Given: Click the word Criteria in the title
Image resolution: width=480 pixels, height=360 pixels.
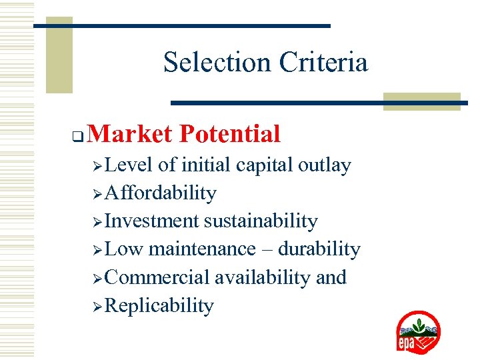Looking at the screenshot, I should click(x=323, y=63).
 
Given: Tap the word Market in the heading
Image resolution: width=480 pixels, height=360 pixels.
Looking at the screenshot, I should click(x=129, y=134).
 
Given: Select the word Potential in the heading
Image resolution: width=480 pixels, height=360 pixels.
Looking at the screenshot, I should click(x=229, y=134).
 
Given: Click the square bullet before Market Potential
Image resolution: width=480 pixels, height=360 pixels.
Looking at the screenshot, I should click(x=77, y=139).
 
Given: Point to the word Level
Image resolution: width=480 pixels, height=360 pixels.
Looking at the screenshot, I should click(x=129, y=165).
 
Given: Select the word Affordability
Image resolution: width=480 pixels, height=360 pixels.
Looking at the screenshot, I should click(x=161, y=193).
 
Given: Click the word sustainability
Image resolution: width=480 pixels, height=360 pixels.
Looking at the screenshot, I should click(x=261, y=221).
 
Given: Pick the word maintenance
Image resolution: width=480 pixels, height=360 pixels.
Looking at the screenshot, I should click(x=202, y=249).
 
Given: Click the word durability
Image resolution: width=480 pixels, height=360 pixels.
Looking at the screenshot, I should click(x=319, y=249).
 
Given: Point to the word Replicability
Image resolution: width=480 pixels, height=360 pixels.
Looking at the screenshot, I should click(x=159, y=306).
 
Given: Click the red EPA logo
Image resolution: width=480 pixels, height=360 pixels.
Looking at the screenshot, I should click(x=418, y=331).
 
